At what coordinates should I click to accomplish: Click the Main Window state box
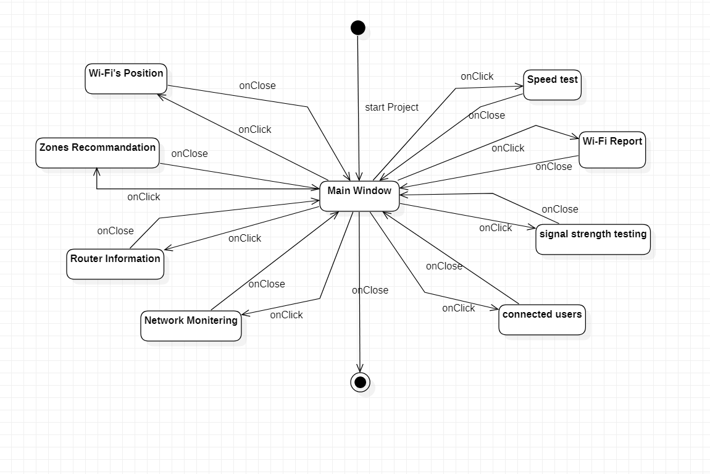click(359, 197)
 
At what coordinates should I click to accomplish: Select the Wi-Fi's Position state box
click(126, 78)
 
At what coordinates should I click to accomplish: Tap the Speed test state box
click(553, 85)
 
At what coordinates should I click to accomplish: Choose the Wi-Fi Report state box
click(612, 150)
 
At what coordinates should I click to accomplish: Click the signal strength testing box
click(593, 239)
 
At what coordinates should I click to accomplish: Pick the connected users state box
click(542, 320)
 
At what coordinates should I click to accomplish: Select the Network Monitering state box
click(191, 326)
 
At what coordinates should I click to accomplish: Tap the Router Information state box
click(115, 264)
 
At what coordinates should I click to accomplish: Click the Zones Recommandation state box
click(98, 153)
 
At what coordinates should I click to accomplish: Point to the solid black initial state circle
click(357, 28)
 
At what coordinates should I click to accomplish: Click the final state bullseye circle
click(361, 382)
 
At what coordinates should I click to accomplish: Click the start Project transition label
click(391, 108)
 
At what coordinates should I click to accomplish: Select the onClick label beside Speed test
click(477, 77)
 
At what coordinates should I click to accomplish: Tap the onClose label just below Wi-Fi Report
click(554, 167)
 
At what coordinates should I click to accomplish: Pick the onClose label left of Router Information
click(115, 231)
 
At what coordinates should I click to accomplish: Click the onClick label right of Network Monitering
click(286, 315)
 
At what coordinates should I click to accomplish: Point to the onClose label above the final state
click(370, 290)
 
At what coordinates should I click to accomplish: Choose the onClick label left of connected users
click(459, 308)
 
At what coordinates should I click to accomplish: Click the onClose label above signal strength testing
click(560, 209)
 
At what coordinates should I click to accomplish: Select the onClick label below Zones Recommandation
click(144, 197)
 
